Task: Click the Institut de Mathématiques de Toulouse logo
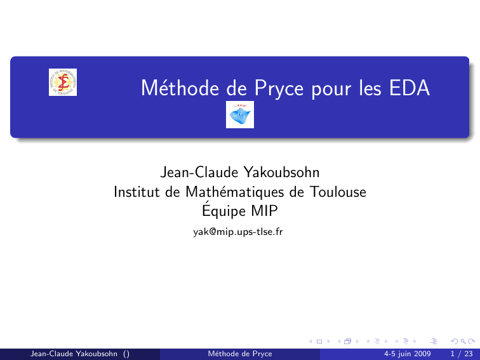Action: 63,82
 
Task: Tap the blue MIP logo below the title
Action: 240,114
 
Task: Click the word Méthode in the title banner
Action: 180,88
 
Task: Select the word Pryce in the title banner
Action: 279,89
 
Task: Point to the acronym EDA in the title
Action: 410,88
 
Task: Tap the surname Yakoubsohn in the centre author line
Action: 281,172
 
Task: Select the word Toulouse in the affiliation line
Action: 338,192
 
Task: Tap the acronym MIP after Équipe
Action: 265,211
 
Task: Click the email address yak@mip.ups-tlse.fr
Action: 238,232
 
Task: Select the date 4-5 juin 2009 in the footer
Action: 407,354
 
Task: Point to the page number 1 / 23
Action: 462,354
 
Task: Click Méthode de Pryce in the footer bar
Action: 240,354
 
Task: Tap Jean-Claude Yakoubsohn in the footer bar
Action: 74,354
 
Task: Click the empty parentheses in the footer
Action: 126,354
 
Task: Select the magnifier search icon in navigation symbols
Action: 463,342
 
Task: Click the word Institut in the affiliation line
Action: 137,192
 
